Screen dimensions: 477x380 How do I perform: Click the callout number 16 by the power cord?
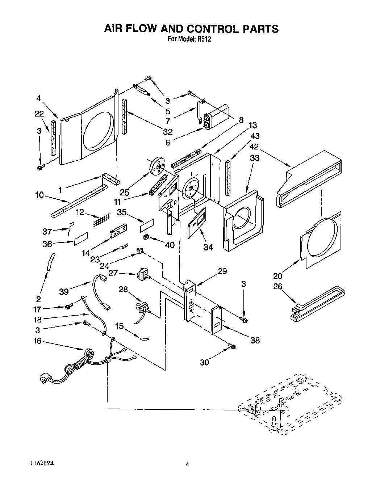[37, 341]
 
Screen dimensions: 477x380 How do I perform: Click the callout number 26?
[278, 287]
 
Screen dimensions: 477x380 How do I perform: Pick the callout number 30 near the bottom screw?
[204, 362]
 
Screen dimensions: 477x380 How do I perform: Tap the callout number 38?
[255, 340]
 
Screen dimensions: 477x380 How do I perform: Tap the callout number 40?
[169, 245]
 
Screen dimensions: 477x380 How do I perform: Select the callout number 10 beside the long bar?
[39, 195]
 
